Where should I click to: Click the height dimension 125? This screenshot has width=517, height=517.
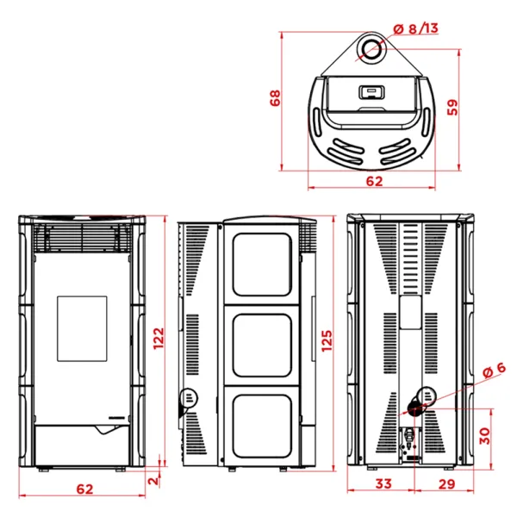tap(325, 343)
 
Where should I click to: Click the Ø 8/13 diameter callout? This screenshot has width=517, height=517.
tap(415, 29)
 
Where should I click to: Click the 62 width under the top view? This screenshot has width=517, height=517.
tap(373, 182)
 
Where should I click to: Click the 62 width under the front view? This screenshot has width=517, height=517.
tap(84, 489)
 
